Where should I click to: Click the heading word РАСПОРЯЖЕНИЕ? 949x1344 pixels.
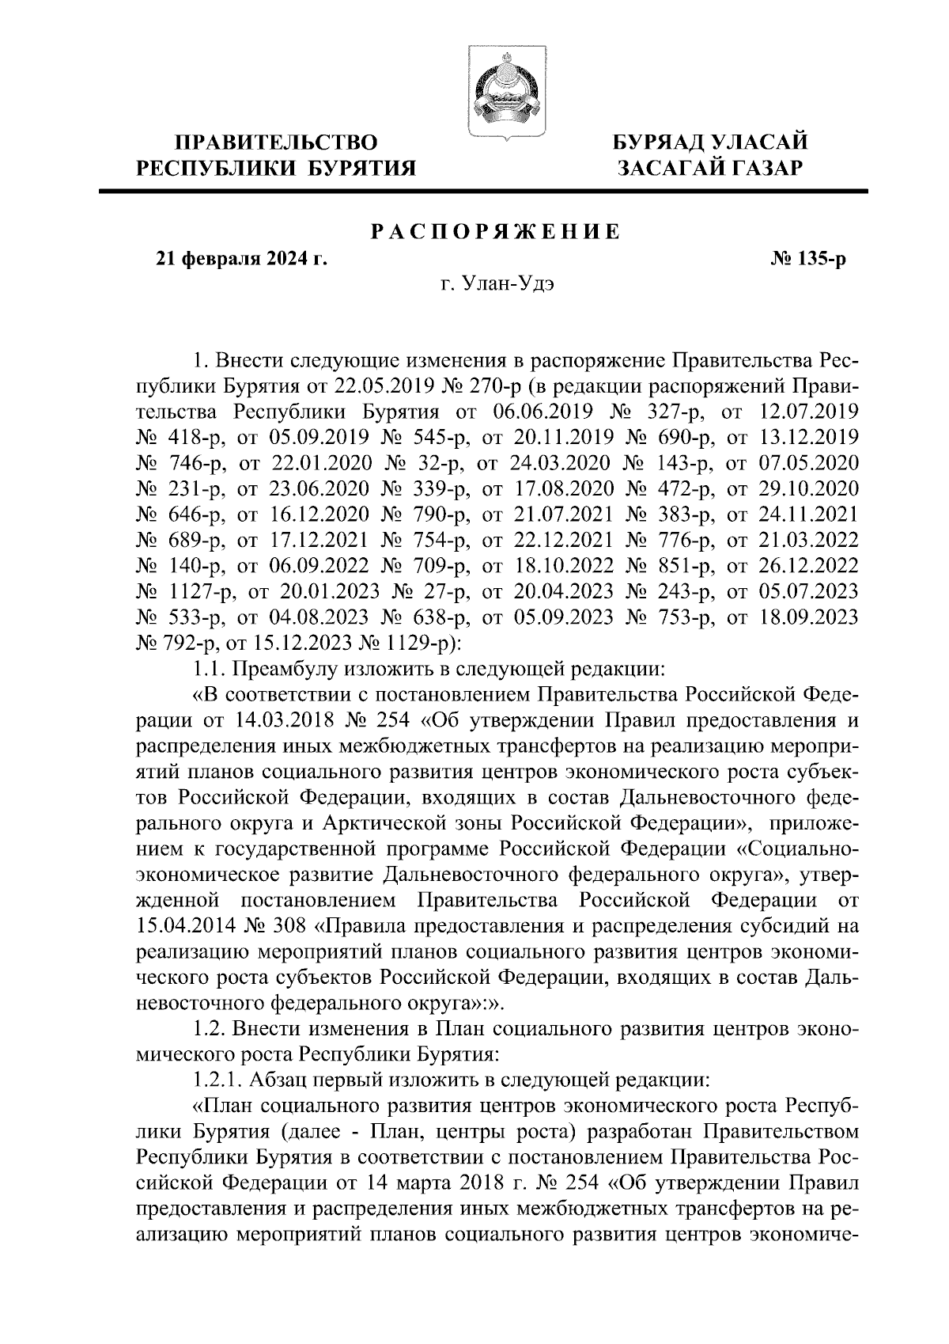[x=496, y=231]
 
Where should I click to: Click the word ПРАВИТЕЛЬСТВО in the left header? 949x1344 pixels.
[x=276, y=142]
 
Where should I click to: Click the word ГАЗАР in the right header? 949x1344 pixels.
[x=761, y=168]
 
